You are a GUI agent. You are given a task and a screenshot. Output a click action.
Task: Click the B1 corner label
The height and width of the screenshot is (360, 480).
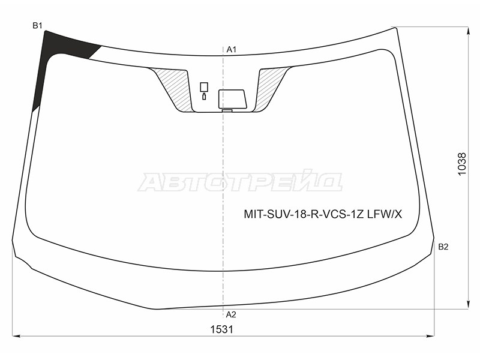[37, 26]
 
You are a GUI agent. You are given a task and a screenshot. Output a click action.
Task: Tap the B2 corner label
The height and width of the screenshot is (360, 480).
[443, 247]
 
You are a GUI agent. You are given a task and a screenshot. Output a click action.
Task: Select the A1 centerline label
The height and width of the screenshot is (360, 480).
[232, 49]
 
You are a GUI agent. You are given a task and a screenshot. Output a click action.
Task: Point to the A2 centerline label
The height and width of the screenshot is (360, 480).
[231, 314]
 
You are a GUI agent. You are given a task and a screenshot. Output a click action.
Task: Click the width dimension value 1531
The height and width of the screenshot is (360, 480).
[221, 329]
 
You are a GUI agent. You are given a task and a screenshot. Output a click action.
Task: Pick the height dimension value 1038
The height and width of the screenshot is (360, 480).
[461, 164]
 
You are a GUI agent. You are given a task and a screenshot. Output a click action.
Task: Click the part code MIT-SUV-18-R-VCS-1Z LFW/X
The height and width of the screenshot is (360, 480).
[323, 214]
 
